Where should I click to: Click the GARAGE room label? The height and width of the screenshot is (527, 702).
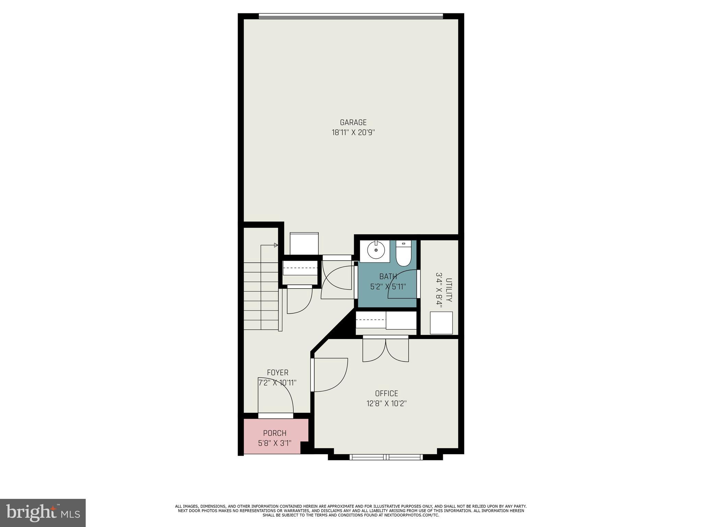tap(353, 122)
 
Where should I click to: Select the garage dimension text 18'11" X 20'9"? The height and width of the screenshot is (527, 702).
tap(353, 133)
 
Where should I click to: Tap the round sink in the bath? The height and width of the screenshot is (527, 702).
tap(376, 250)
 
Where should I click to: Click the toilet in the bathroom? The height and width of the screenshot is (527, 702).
tap(403, 254)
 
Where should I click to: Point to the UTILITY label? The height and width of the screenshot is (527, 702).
tap(449, 290)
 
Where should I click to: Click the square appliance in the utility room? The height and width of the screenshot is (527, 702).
tap(441, 323)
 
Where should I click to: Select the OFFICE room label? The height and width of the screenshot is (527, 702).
tap(386, 394)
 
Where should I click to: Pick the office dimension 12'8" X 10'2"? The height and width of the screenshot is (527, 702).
tap(386, 403)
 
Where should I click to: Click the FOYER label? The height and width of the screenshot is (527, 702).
tap(278, 373)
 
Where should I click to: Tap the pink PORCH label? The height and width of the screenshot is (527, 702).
tap(275, 433)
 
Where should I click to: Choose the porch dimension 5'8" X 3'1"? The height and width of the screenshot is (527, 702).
tap(275, 443)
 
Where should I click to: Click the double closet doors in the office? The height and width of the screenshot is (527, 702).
tap(386, 350)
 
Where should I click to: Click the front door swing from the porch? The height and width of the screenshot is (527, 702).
tap(276, 398)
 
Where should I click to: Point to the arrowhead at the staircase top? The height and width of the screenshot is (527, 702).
tap(276, 245)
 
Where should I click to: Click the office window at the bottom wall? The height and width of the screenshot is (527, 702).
tap(386, 457)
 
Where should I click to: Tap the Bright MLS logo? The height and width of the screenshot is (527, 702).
tap(43, 513)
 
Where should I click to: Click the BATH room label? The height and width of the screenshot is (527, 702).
tap(388, 276)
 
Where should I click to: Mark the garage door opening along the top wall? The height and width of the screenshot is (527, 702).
tap(351, 16)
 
